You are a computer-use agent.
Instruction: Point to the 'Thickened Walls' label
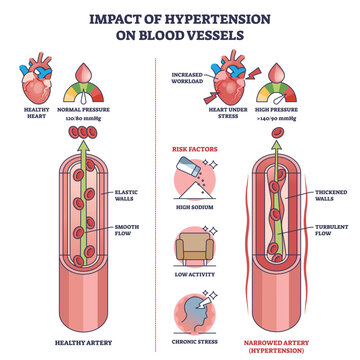(x=331, y=195)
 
